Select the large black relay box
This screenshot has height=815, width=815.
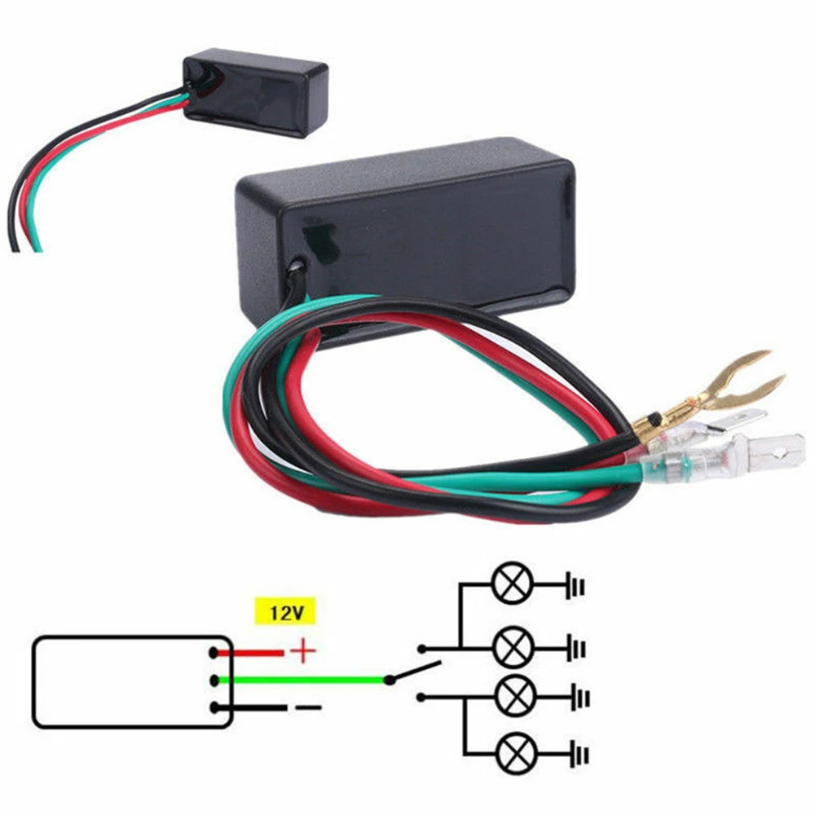click(407, 236)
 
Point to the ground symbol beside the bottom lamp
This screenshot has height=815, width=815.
click(578, 754)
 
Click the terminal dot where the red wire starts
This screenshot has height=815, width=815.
click(214, 653)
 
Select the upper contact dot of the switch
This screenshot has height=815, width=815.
click(421, 650)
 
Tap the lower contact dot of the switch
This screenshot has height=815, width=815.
click(421, 697)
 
